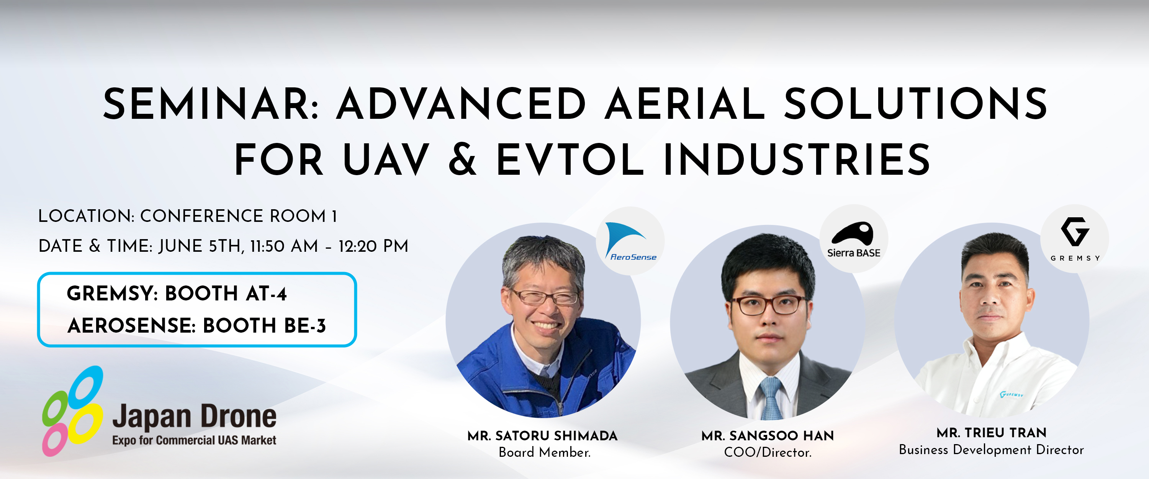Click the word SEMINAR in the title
coord(211,104)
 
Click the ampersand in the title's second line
coord(463,160)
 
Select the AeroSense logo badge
coord(630,241)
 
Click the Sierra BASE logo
coord(854,239)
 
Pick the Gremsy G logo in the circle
coord(1075,239)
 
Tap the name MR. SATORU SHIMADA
coord(542,436)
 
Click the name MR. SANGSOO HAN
coord(768,436)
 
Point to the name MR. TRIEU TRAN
coord(992,433)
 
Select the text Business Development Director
coord(991,450)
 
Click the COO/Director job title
coord(768,453)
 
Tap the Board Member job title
coord(545,453)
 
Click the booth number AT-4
coord(266,294)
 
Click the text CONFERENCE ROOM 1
coord(239,216)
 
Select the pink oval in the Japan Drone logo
coord(55,439)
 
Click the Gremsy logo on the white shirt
coord(1011,395)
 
